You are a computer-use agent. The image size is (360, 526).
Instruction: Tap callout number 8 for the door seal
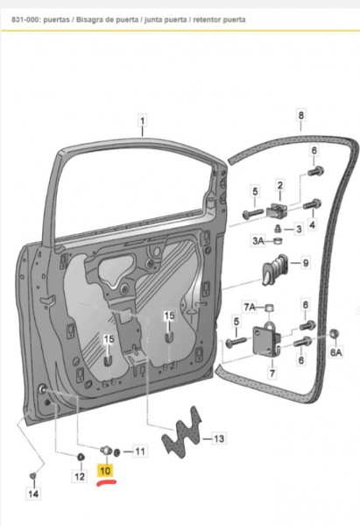300,115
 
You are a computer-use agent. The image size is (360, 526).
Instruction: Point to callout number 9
306,262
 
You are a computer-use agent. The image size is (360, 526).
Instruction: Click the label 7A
250,306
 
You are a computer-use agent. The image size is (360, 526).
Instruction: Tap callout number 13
218,438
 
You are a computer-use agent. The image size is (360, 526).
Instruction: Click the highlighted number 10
105,471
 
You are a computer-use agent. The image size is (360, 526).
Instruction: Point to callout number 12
80,477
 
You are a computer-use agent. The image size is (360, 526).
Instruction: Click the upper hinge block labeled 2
277,209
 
